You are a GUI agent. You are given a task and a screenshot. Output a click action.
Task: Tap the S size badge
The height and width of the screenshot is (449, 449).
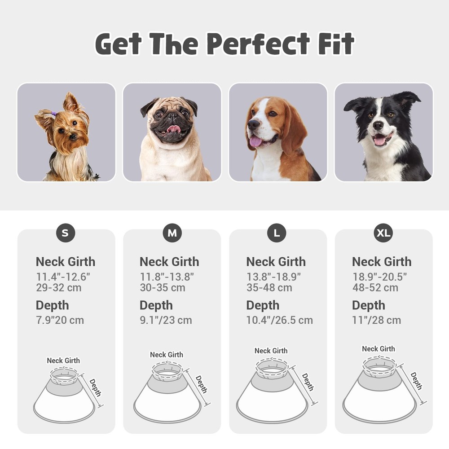point(66,233)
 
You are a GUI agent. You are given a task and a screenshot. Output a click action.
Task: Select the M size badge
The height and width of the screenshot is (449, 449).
point(172,233)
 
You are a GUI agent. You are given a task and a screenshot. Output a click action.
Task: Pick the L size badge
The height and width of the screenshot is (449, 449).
point(277,233)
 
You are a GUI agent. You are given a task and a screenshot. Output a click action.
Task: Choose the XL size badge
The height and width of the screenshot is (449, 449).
point(383,233)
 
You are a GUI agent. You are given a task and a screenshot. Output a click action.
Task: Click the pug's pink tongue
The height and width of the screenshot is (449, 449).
point(173,129)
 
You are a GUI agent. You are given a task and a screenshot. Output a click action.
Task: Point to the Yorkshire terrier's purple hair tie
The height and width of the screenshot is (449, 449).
point(54,114)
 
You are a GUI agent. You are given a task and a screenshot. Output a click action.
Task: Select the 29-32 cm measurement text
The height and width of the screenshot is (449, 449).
point(59,288)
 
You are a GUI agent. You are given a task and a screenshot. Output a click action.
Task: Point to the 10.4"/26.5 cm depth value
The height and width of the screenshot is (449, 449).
point(279,320)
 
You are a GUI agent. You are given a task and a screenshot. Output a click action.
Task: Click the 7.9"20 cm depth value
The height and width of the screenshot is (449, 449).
point(60,320)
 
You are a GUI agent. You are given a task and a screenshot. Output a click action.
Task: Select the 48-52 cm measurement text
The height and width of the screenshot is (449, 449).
point(375,288)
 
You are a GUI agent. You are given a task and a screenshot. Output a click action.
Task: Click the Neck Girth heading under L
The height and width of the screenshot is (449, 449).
point(276,262)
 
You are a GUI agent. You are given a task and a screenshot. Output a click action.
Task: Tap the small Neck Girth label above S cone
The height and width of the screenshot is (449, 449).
point(63,361)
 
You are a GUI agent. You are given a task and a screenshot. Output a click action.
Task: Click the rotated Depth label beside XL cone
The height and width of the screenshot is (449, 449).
point(416,380)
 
